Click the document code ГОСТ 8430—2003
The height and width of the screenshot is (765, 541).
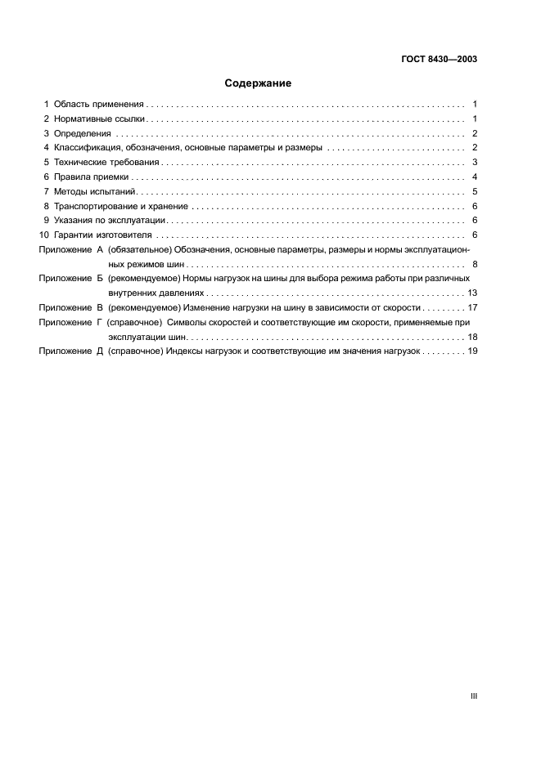click(x=440, y=59)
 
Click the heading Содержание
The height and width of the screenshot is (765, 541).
click(x=258, y=83)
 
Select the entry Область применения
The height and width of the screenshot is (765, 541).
click(x=99, y=105)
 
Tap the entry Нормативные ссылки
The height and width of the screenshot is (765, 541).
click(x=100, y=119)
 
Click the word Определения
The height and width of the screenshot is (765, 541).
click(x=82, y=133)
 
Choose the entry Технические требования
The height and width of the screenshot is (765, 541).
click(x=106, y=163)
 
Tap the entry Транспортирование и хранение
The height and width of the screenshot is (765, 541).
click(x=121, y=207)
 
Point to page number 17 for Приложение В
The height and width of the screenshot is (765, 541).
click(x=472, y=308)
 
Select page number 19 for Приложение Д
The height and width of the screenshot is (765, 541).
click(x=472, y=351)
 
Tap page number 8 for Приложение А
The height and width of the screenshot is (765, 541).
click(x=475, y=265)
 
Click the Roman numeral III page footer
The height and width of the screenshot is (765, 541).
click(x=473, y=696)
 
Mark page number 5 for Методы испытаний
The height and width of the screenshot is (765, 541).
click(x=475, y=192)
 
